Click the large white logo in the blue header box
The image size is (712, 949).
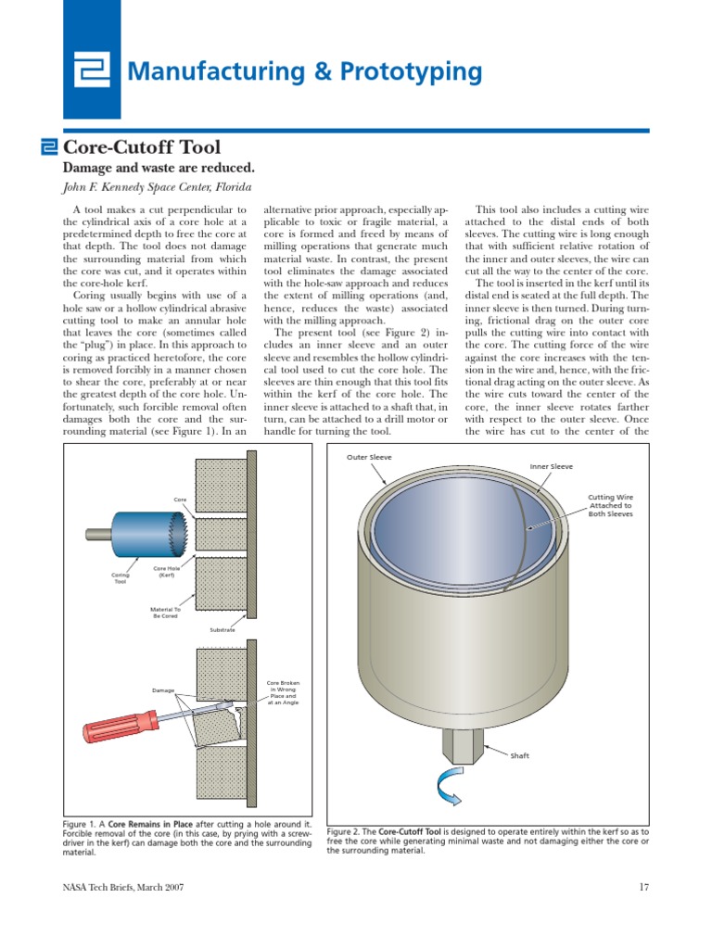pos(92,70)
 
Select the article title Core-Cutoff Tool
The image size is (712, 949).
pos(140,146)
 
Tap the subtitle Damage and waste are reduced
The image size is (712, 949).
pos(158,168)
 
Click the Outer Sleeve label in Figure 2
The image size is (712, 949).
pos(369,457)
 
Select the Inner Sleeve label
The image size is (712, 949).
pos(551,467)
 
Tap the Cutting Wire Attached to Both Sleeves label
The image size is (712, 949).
pos(611,505)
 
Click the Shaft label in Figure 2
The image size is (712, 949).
pos(519,756)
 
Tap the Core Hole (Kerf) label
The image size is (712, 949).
pos(166,572)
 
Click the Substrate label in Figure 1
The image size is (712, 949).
pos(222,630)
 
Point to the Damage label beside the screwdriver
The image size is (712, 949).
pos(163,690)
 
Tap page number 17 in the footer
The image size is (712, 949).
pos(643,888)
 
